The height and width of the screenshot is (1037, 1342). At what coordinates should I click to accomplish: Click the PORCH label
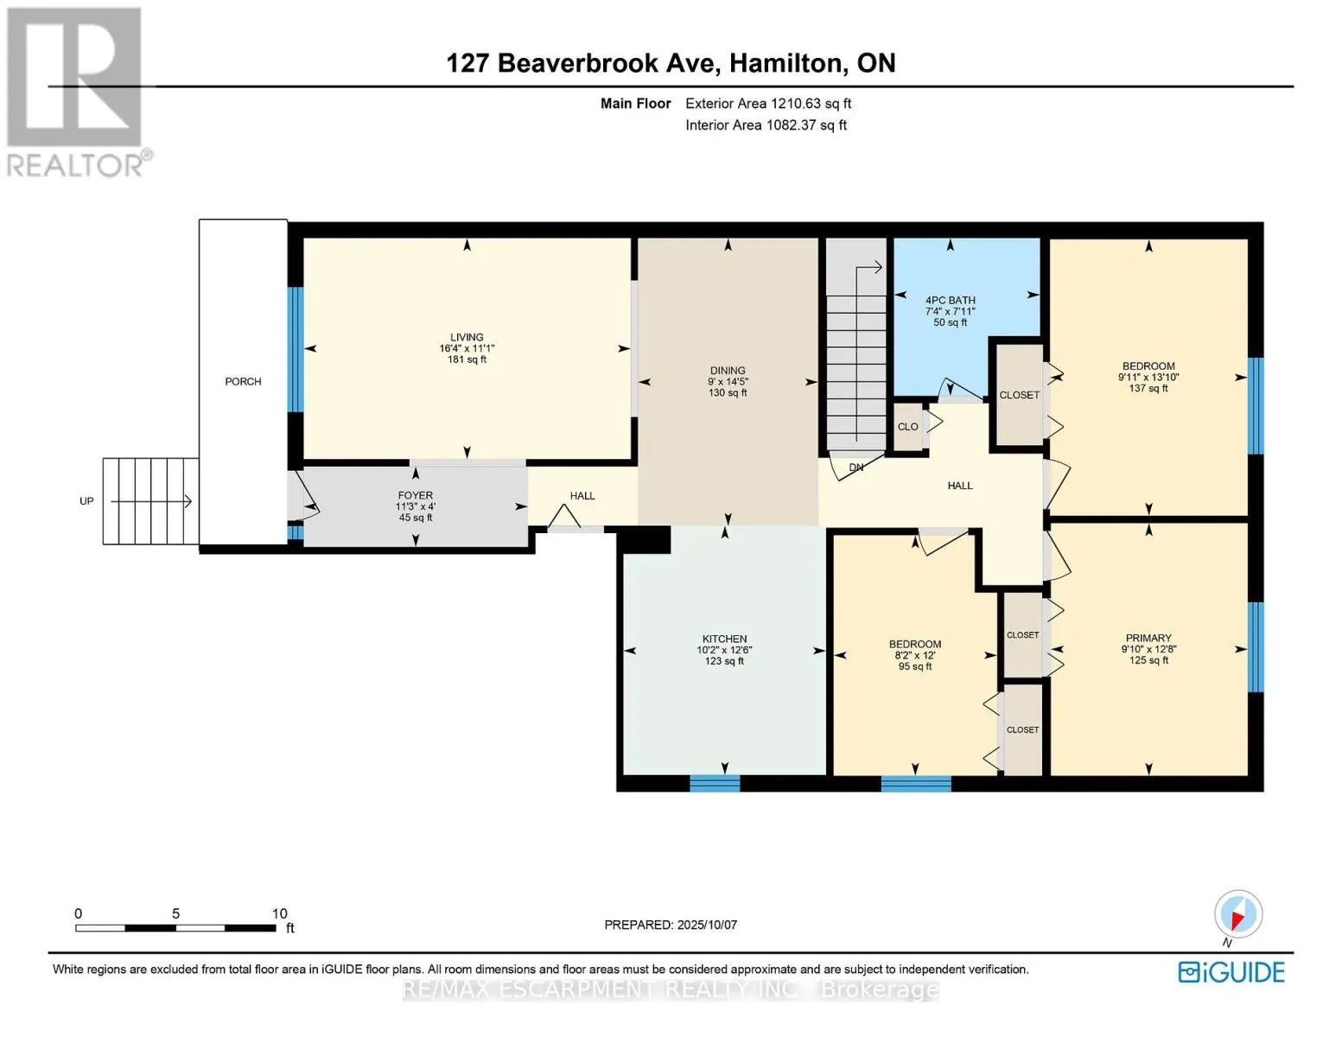pos(243,382)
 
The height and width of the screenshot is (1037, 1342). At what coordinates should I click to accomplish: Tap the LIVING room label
pos(467,337)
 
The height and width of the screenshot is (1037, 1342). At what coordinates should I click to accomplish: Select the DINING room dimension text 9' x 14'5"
pos(728,382)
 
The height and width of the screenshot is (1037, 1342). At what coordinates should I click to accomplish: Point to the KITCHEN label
pos(724,639)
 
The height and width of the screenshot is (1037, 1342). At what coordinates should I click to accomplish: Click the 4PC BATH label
pos(950,300)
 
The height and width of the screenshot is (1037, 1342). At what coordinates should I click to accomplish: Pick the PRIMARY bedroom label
pos(1148,638)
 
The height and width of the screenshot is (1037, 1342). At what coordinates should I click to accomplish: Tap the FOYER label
pos(415,495)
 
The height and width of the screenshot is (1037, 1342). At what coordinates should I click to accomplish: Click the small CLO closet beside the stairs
pos(908,427)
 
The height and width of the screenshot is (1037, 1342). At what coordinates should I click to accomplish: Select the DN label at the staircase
pos(856,468)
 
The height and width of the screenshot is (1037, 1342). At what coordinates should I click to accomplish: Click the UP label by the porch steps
pos(86,501)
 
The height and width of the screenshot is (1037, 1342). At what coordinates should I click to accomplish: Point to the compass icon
pos(1237,914)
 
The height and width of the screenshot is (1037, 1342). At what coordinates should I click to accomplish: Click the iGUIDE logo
pos(1231,972)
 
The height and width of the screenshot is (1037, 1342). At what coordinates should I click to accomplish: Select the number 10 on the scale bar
pos(280,913)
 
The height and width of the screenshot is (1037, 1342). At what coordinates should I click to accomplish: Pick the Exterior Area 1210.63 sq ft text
pos(768,104)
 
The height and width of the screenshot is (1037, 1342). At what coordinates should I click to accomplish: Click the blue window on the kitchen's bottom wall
pos(715,784)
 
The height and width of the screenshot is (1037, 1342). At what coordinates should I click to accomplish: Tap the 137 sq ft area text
pos(1148,389)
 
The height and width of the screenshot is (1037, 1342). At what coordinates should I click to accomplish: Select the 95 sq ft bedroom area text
pos(914,666)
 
